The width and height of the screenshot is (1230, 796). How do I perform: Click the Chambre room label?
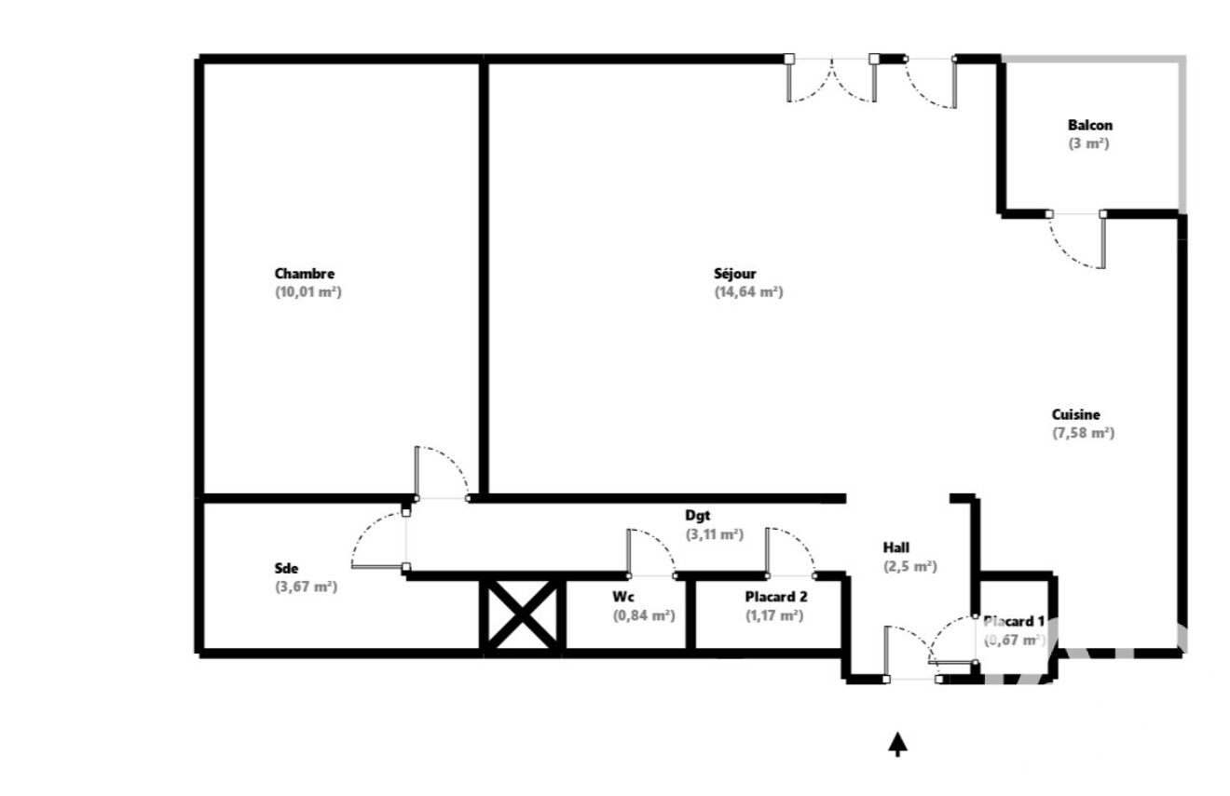pos(304,273)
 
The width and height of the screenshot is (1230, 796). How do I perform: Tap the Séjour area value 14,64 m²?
pos(748,291)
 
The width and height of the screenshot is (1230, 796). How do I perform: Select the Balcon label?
pos(1090,125)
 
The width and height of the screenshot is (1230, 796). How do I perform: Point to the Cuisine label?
pos(1075,414)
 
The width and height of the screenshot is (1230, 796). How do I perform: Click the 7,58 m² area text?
pos(1083,433)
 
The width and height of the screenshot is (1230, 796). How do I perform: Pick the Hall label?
pos(896,547)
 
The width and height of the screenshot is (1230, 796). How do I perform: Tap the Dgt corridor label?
pos(697,516)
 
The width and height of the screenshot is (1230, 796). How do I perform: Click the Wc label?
pos(623,597)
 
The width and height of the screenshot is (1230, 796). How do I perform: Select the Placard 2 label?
pos(776,597)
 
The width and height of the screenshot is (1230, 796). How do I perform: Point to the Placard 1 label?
pos(1014,622)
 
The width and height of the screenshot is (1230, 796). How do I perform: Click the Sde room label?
pos(286,568)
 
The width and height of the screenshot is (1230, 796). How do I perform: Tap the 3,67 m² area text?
pos(306,587)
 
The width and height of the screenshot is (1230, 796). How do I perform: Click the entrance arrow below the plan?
pos(897,745)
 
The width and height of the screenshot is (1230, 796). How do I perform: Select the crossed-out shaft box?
pos(523,614)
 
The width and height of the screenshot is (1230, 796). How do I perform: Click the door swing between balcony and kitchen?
pos(1071,253)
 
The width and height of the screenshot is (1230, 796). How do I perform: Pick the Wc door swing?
pos(660,540)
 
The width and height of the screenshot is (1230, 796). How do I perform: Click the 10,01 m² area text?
pos(308,291)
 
